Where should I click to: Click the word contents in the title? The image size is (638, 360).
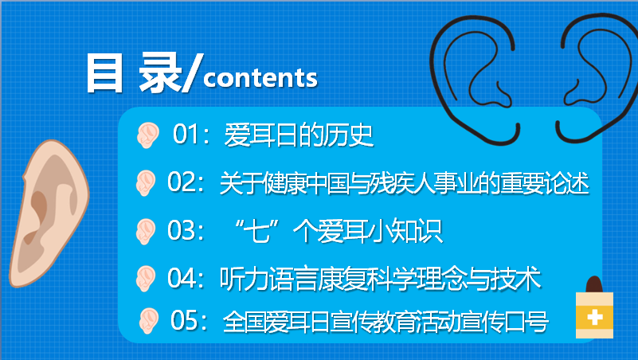[x=260, y=79]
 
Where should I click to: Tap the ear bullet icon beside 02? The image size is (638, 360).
[x=144, y=183]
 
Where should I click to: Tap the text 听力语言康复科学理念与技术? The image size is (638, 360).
[x=380, y=279]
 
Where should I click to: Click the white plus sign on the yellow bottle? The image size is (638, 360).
[x=593, y=318]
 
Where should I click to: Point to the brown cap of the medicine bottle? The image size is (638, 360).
[x=593, y=284]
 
